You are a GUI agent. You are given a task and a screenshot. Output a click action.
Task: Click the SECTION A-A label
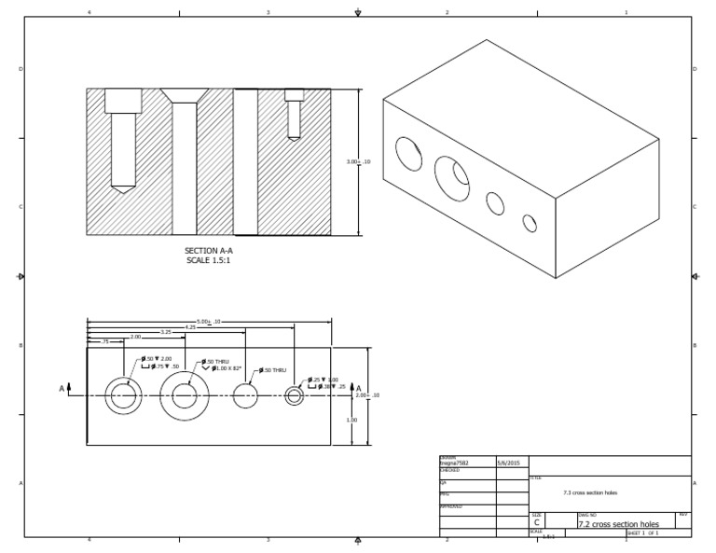pos(208,251)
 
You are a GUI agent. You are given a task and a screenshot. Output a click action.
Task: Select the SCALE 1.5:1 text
pos(208,260)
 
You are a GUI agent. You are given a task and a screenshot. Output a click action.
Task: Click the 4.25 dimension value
pos(190,327)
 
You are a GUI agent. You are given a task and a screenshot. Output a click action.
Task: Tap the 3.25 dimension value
pos(166,332)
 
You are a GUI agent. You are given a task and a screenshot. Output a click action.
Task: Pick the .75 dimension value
pos(105,342)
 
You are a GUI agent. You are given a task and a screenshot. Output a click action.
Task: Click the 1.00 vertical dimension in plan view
pos(351,420)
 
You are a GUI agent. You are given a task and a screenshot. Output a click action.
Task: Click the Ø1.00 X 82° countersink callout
pos(226,368)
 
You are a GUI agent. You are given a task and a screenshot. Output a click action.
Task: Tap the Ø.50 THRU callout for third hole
pos(274,370)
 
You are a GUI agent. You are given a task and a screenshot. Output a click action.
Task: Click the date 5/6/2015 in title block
pos(509,463)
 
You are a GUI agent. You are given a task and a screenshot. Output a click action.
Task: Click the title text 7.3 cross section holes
pos(590,492)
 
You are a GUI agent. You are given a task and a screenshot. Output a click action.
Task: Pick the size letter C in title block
pos(537,524)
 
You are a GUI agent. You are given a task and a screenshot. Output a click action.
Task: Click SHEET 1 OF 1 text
pos(642,533)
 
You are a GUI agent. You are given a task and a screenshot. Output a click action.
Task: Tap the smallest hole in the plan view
pos(295,396)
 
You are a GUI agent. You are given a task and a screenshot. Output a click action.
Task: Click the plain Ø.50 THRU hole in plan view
pos(245,396)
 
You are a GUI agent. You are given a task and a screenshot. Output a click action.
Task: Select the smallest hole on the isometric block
pos(530,223)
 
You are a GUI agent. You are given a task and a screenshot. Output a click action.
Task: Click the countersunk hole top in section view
pos(185,95)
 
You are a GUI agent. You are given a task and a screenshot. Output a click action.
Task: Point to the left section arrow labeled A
pos(63,388)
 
